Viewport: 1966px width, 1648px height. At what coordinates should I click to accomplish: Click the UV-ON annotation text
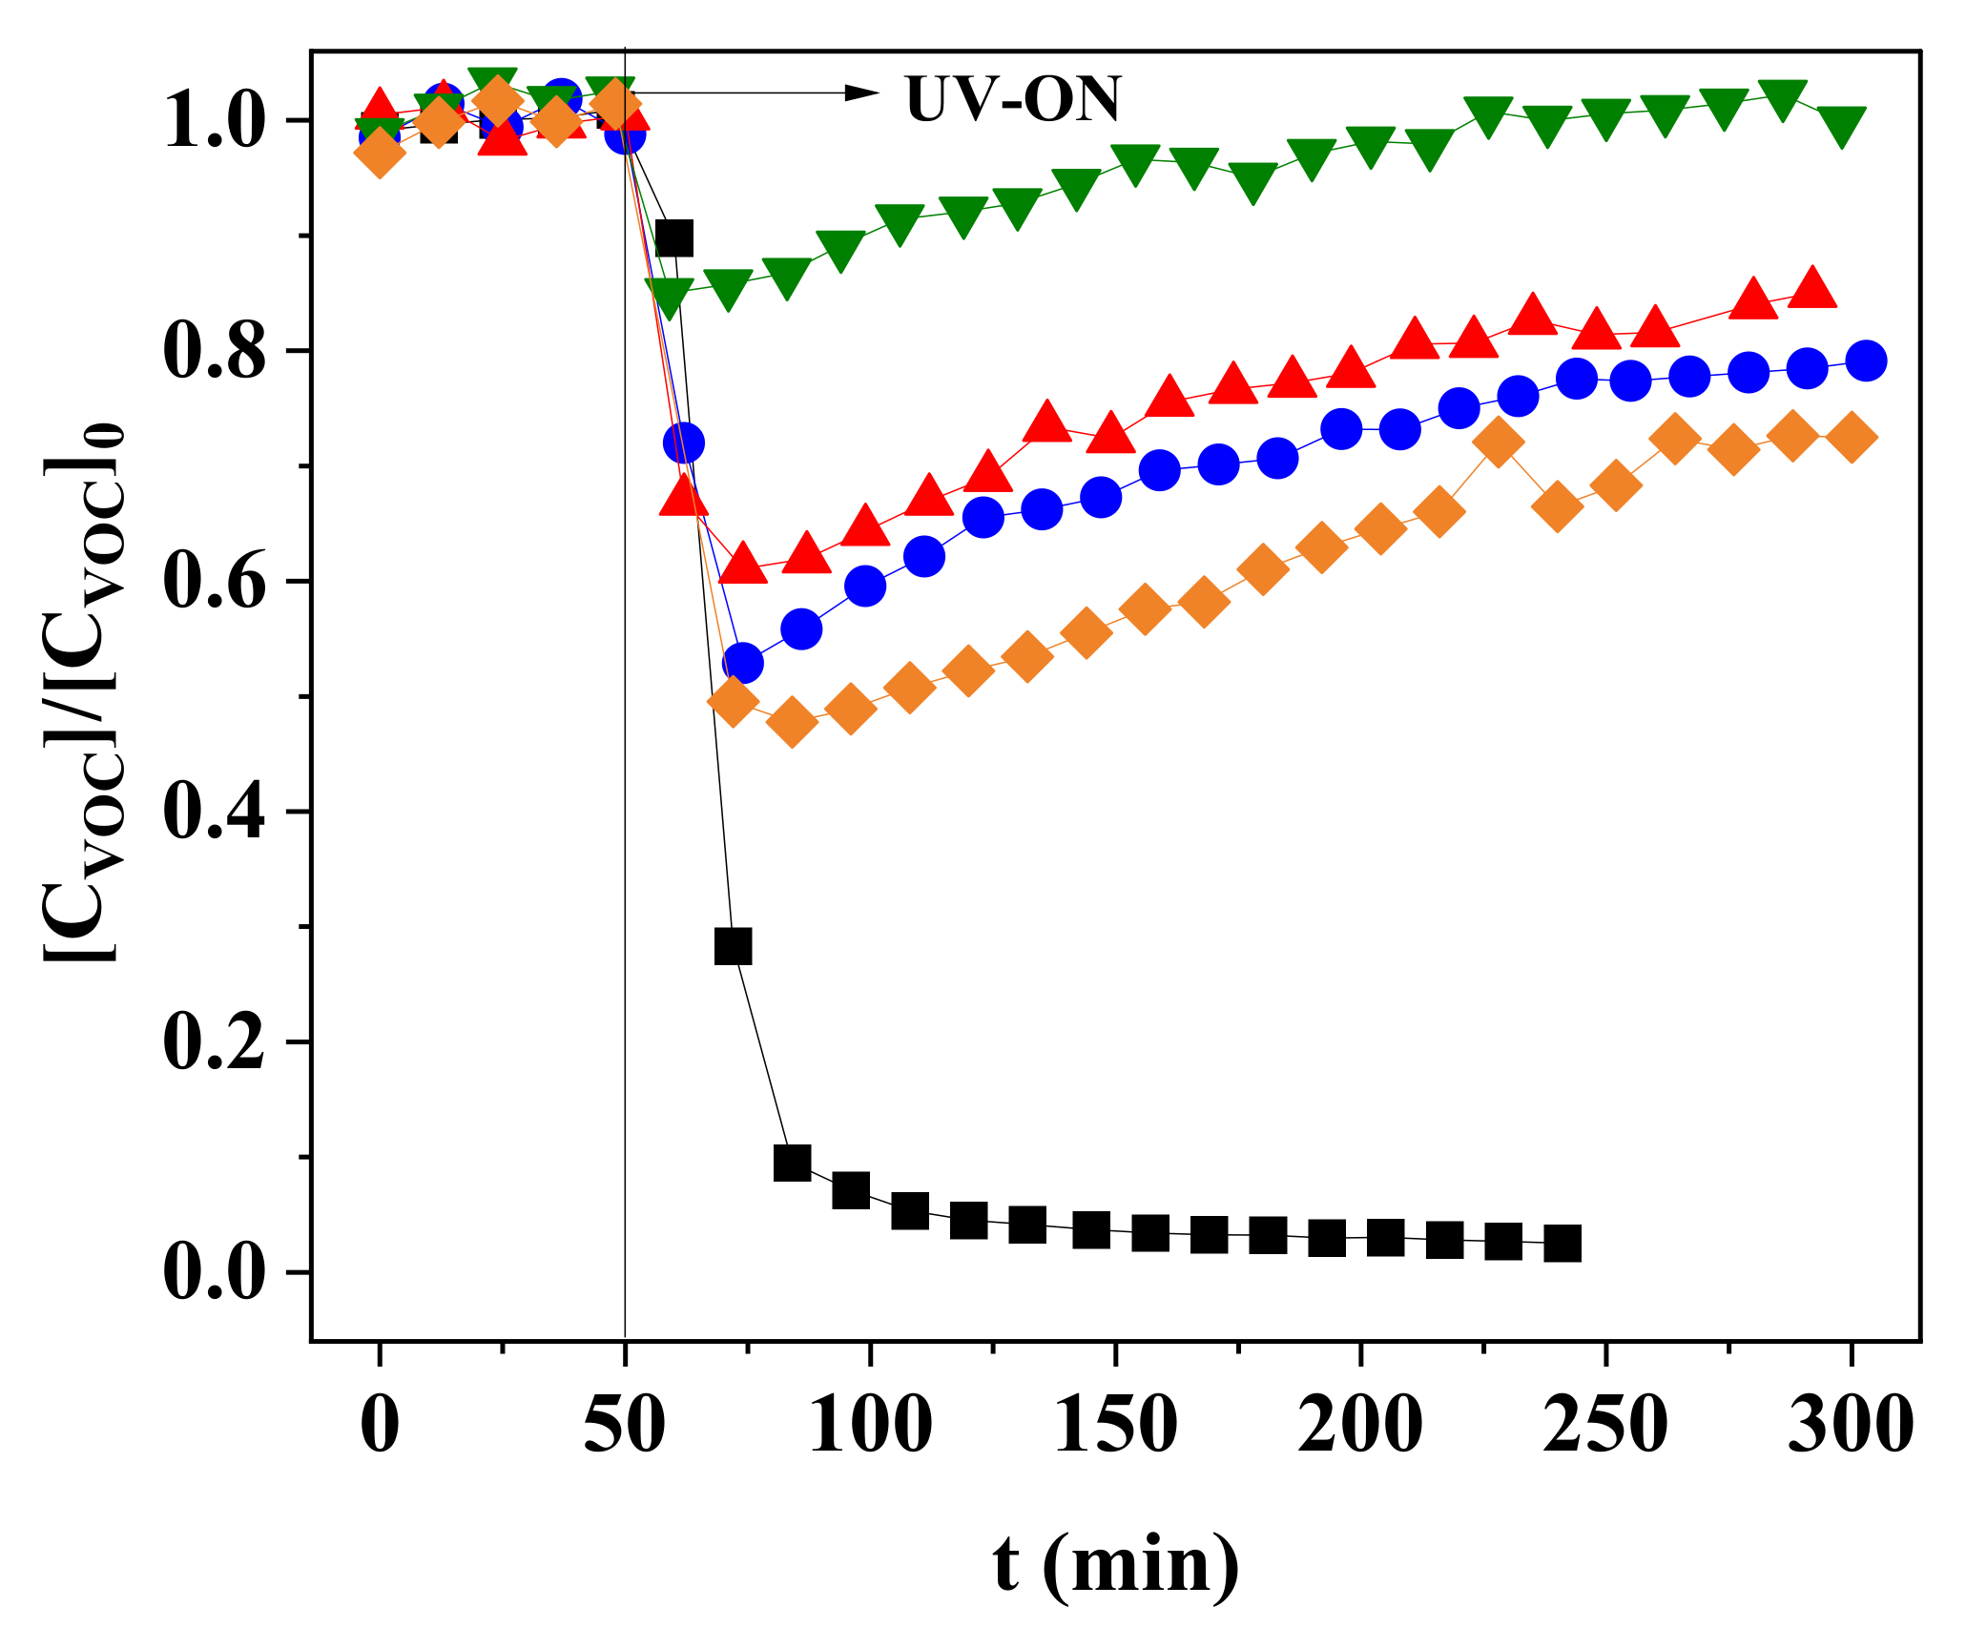click(1013, 99)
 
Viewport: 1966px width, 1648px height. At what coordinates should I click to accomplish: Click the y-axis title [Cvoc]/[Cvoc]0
click(84, 693)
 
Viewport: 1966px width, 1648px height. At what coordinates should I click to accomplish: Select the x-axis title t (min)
click(1115, 1565)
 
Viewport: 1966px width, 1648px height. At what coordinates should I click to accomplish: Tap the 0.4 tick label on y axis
click(213, 813)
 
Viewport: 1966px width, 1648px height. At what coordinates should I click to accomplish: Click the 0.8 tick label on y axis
click(213, 352)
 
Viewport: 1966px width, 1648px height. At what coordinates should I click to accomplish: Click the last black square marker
click(1562, 1244)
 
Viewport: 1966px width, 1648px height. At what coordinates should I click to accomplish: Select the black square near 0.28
click(733, 946)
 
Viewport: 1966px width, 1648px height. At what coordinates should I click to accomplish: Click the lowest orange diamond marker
click(792, 722)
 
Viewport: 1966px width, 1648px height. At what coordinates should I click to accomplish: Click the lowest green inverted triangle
click(669, 299)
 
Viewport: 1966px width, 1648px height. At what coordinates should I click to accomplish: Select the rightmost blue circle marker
click(1865, 360)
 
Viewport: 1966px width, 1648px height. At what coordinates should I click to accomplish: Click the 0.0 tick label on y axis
click(213, 1273)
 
